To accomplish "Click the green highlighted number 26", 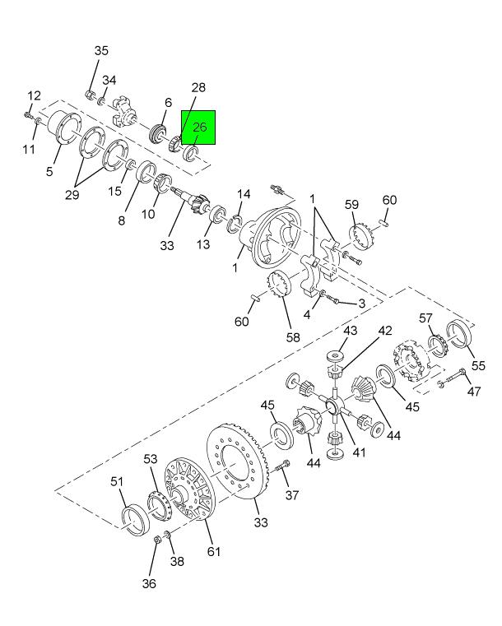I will pos(199,128).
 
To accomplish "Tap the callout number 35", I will pos(100,51).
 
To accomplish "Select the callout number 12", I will pos(33,96).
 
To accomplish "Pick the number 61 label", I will pos(214,551).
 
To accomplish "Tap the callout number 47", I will pos(474,392).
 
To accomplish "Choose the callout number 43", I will pos(350,331).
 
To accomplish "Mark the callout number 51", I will pos(117,481).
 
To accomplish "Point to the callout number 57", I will pos(425,318).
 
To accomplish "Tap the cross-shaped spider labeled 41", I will pos(333,406).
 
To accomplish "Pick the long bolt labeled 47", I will pos(453,380).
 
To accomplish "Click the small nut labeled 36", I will pos(156,540).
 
